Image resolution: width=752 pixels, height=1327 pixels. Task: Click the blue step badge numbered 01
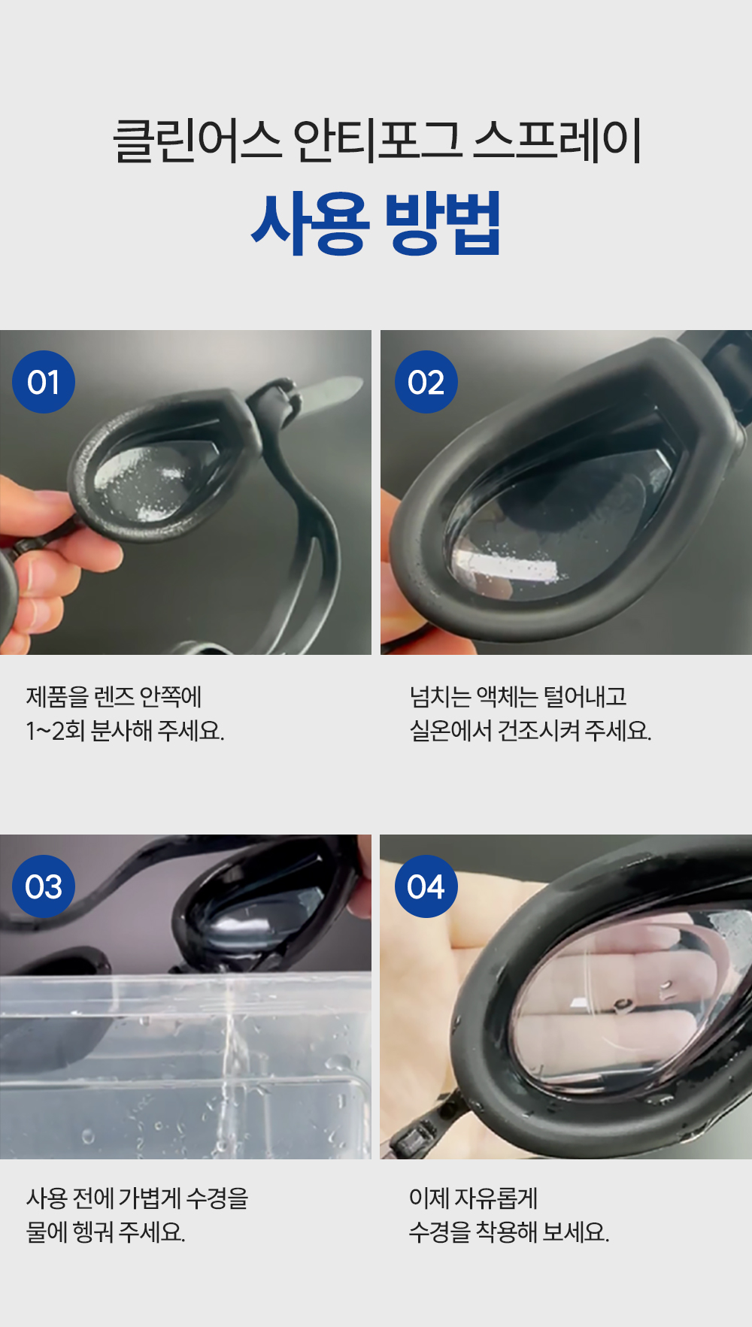[44, 382]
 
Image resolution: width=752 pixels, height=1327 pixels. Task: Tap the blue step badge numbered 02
[426, 382]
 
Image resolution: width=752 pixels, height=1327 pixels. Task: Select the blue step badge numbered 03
[44, 886]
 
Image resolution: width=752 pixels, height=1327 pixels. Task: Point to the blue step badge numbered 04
[426, 886]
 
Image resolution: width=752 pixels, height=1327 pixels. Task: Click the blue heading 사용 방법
[376, 223]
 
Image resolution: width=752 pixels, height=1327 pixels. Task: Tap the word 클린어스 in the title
[197, 141]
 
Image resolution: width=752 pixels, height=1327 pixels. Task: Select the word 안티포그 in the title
[377, 141]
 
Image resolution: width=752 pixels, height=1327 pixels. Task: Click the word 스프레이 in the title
[557, 141]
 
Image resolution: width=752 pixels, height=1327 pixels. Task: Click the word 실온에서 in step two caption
[450, 731]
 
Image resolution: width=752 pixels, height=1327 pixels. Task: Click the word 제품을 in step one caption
[57, 697]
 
